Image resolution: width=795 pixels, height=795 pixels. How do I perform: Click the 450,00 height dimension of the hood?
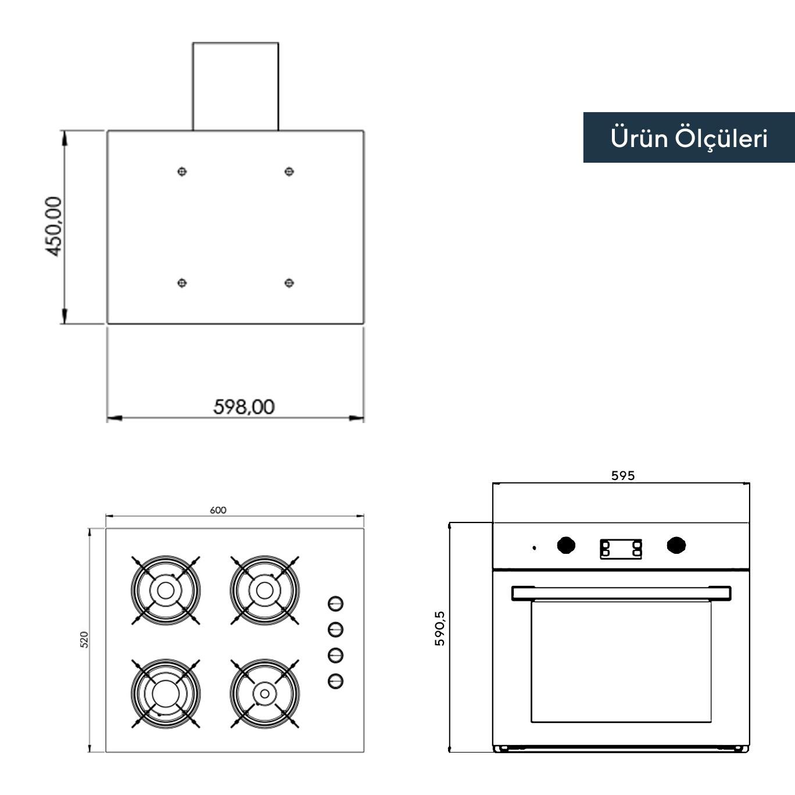click(x=53, y=227)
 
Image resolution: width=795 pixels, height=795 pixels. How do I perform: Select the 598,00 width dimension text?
click(x=243, y=406)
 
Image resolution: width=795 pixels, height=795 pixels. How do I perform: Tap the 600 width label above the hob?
click(x=218, y=510)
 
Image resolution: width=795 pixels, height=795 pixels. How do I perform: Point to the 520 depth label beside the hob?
click(x=84, y=640)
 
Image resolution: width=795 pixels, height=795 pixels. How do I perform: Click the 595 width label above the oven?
click(x=622, y=475)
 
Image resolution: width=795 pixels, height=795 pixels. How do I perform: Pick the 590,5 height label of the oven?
click(x=440, y=628)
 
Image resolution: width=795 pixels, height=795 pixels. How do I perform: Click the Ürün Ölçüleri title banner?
click(x=689, y=138)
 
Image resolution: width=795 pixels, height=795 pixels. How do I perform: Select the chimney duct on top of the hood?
click(x=235, y=86)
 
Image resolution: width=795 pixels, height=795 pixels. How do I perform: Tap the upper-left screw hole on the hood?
click(x=182, y=171)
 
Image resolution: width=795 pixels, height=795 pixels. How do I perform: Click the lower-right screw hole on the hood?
click(x=289, y=283)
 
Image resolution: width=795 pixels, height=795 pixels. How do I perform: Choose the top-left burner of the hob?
click(x=166, y=590)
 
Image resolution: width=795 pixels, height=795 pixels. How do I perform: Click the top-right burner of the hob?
click(x=264, y=590)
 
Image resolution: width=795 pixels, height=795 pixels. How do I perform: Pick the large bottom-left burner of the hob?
click(x=166, y=693)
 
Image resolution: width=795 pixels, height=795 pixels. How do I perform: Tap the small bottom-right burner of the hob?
click(x=264, y=693)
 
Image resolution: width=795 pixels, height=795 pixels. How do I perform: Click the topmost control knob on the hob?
click(x=335, y=604)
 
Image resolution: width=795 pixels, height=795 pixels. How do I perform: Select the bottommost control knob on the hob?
click(x=335, y=681)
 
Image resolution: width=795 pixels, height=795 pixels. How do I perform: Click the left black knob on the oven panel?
click(x=565, y=546)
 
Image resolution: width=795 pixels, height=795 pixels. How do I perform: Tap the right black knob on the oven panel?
click(x=676, y=546)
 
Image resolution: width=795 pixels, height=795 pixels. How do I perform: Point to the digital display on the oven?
click(x=621, y=549)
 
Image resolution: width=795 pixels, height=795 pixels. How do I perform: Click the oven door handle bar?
click(x=621, y=593)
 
